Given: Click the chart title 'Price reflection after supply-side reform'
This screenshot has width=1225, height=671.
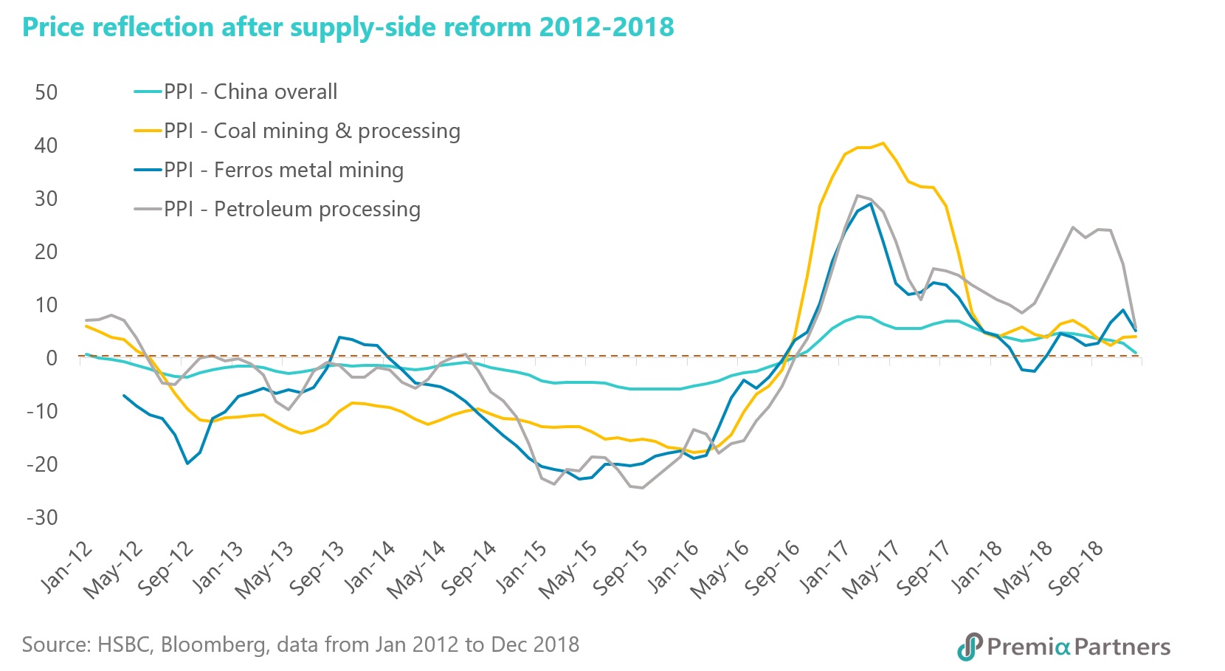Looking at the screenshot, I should tap(348, 27).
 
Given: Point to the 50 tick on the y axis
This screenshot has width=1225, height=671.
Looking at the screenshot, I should tap(46, 92).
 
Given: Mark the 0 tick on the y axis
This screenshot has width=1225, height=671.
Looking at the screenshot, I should tap(51, 358).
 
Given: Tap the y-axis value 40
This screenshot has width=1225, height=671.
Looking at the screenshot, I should tap(46, 145).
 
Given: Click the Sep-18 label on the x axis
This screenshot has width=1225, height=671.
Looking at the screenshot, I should tap(1077, 567).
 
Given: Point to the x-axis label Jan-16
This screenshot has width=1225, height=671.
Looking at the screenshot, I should tap(674, 567).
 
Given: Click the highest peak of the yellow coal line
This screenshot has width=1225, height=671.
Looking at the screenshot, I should tap(883, 143).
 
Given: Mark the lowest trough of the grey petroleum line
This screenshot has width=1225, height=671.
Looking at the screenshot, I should tap(642, 488).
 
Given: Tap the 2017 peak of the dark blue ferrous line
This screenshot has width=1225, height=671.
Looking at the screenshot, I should tap(871, 203).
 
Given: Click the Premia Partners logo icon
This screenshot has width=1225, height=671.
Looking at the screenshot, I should tap(970, 647).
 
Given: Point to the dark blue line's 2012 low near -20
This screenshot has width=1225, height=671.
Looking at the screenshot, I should tap(187, 464).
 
